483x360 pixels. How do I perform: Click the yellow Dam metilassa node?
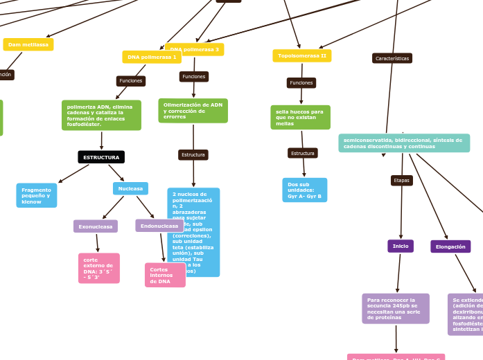tap(28, 44)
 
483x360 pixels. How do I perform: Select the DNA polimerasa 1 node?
tap(152, 57)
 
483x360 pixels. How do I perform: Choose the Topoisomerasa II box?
tap(301, 55)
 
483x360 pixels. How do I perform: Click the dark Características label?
tap(392, 59)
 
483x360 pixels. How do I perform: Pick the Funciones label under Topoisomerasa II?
tap(301, 83)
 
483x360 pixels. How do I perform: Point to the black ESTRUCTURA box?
tap(101, 157)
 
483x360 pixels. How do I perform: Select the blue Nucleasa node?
tap(130, 188)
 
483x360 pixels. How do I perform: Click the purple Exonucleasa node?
tap(96, 226)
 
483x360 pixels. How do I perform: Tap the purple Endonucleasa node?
tap(159, 226)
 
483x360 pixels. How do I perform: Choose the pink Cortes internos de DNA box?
tap(165, 275)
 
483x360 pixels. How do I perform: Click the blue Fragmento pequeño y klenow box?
tap(37, 195)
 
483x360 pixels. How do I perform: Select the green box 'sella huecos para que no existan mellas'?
tap(300, 117)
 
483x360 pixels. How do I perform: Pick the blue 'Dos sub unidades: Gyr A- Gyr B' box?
tap(304, 190)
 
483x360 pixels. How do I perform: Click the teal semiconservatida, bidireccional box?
tap(404, 143)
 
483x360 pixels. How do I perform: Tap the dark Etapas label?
tap(401, 180)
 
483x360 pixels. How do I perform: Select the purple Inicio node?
tap(401, 246)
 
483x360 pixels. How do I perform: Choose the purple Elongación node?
tap(450, 246)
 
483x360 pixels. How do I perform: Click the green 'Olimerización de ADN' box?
tap(193, 111)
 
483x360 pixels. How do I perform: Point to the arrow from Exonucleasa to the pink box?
tap(98, 243)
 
